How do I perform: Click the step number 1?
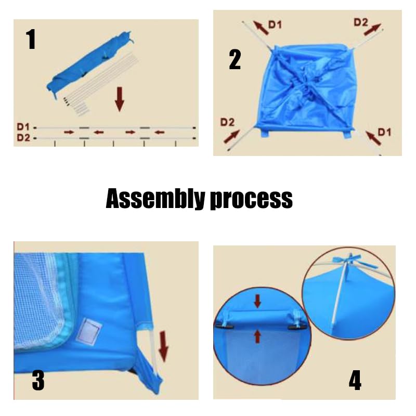[31, 40]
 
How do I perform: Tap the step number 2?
[235, 60]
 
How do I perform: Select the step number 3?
[38, 381]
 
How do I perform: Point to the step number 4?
[355, 380]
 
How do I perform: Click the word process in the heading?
[251, 200]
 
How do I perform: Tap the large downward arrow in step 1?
[120, 99]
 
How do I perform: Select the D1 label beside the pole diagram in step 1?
[23, 127]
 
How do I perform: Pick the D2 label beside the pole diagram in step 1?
[23, 137]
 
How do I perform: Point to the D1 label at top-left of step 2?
[275, 24]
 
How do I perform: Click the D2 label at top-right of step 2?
[361, 22]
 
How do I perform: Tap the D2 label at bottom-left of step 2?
[227, 122]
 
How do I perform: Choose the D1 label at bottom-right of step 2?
[384, 132]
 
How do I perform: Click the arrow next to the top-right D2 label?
[372, 30]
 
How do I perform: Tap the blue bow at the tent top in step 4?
[349, 258]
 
